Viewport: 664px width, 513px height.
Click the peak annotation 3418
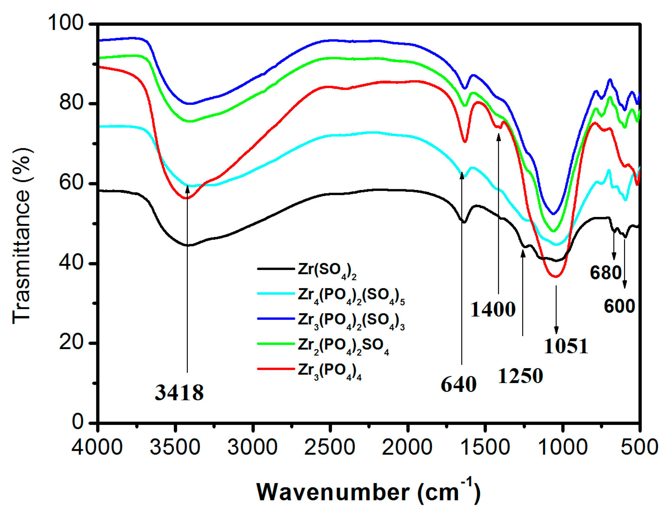(179, 392)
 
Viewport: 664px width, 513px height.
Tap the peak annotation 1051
(566, 346)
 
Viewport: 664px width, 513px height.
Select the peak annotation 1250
(520, 376)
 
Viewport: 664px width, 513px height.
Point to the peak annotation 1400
(493, 309)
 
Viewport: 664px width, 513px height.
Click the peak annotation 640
(459, 384)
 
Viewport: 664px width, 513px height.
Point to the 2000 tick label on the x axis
(407, 447)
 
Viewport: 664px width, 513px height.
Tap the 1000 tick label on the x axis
(563, 447)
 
